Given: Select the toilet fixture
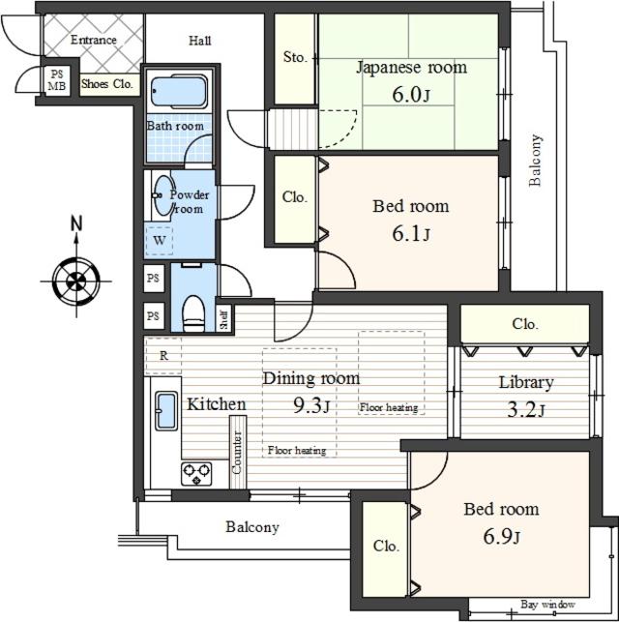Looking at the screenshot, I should coord(193,311).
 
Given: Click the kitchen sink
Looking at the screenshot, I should coord(166,411).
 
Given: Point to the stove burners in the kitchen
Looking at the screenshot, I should coord(196,474).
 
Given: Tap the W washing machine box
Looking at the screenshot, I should coord(158,239).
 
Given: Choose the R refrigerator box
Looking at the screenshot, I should coord(163,355).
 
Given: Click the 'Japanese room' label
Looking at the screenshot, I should coord(411,68).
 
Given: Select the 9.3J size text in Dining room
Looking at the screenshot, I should coord(312,405).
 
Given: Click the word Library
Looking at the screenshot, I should coord(525,382).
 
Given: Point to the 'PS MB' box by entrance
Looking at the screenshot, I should coord(57,79).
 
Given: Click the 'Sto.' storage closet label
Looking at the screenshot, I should coord(295,58).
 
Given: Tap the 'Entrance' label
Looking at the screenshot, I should coord(93,40).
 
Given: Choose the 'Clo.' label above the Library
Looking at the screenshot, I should coord(524,324).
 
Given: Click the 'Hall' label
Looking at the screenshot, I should coord(199,41).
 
